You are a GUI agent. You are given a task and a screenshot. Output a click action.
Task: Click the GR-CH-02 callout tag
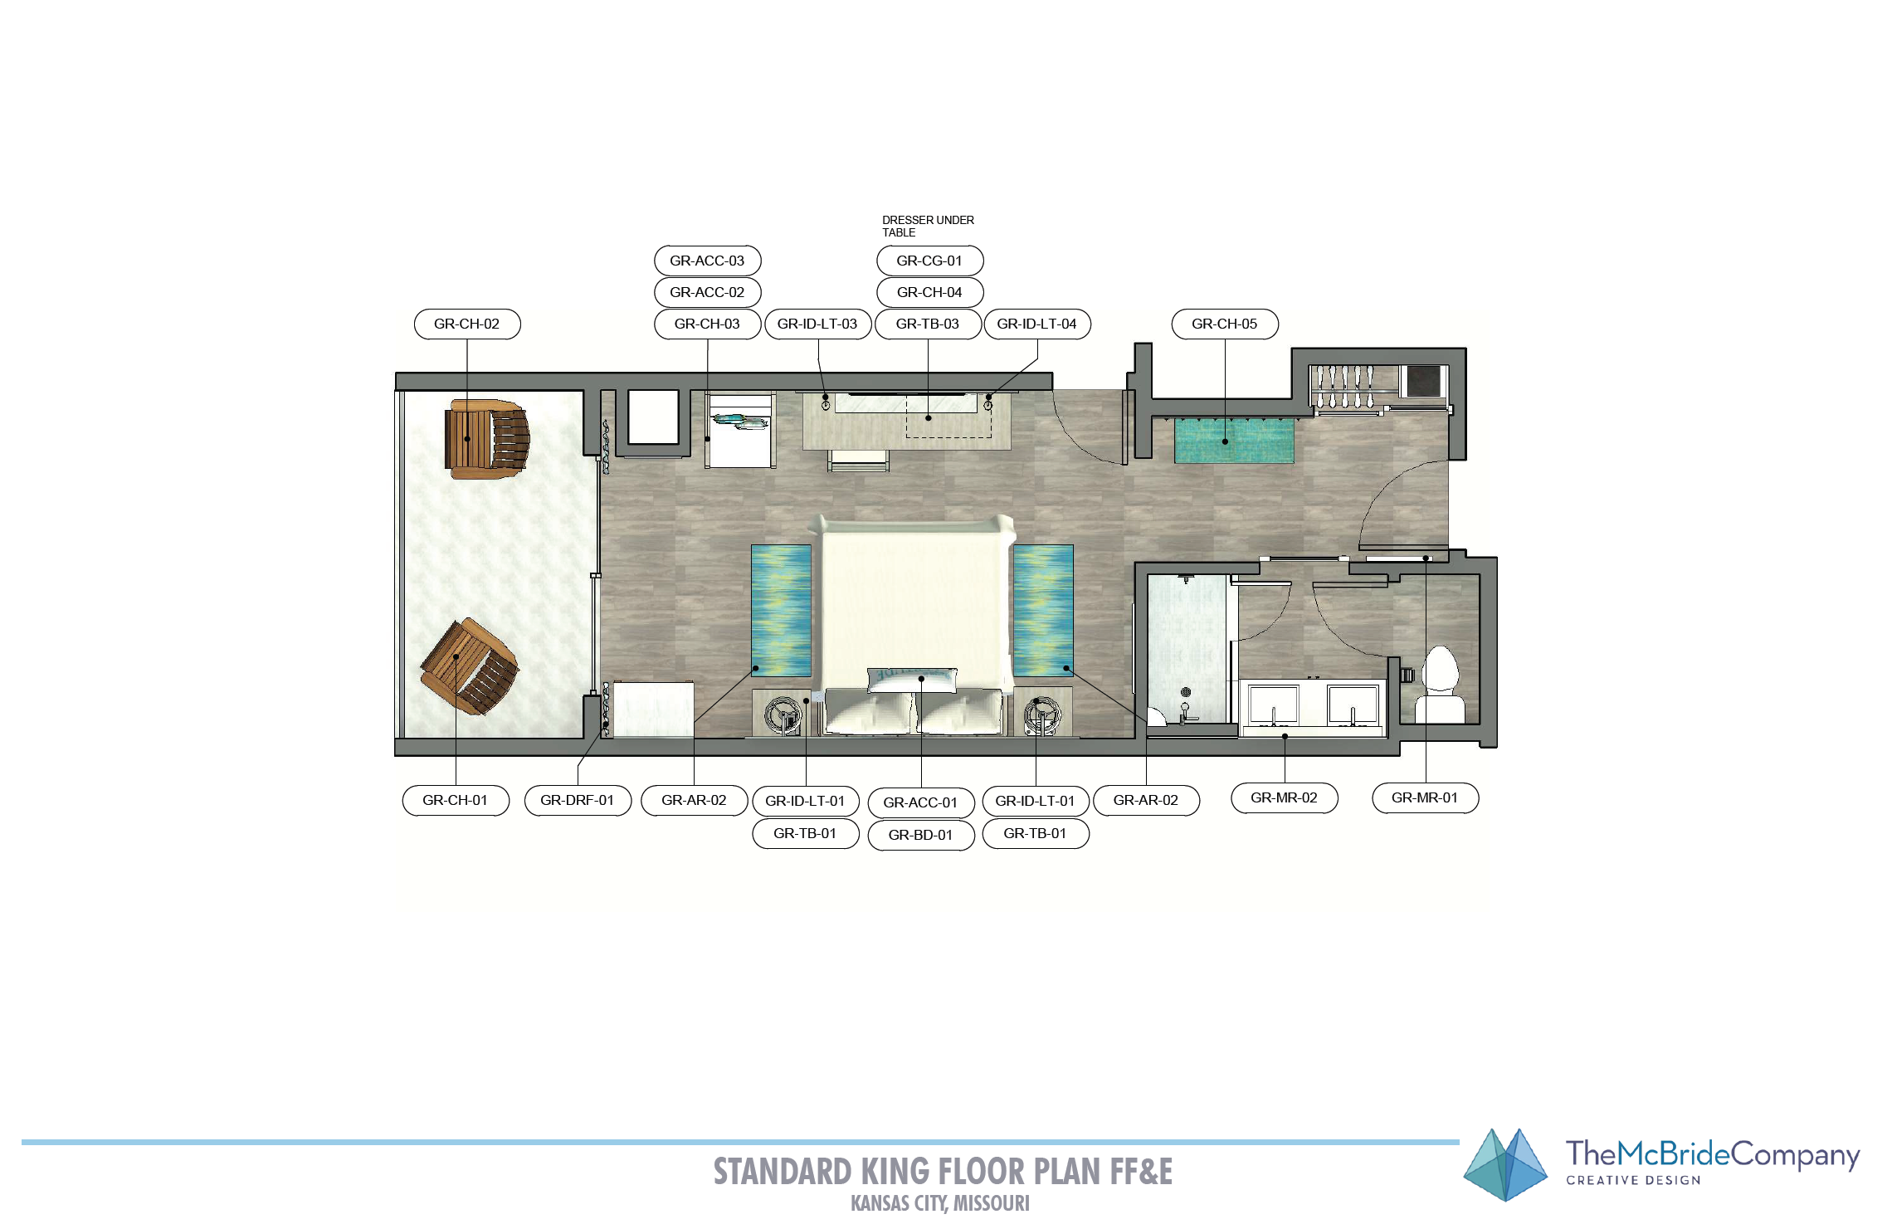467,324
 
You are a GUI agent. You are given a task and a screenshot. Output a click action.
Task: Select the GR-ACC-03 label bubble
707,261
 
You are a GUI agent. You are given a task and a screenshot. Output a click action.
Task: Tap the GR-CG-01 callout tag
929,261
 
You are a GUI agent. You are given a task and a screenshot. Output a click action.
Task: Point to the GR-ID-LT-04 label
1036,324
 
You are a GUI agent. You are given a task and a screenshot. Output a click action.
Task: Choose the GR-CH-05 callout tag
1225,324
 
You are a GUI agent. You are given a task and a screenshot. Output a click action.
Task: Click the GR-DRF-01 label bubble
578,800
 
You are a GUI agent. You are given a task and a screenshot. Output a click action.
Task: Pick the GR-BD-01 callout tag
921,835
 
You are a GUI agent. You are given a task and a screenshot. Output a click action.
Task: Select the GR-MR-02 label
1284,797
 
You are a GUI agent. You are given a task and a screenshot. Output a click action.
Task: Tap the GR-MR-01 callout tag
1425,797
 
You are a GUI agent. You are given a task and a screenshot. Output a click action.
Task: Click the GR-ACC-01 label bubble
921,802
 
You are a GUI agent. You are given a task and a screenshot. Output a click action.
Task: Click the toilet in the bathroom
1440,685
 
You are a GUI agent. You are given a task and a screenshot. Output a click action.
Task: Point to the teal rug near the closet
1234,440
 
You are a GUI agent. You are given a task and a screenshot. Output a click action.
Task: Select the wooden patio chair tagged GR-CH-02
487,439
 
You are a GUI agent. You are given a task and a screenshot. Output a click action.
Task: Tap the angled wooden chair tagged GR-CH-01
470,666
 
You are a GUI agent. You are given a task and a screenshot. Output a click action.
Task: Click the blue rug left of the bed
781,611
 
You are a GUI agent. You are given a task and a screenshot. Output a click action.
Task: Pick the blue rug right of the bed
1043,611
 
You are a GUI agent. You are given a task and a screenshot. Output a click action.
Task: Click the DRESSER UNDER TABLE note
928,226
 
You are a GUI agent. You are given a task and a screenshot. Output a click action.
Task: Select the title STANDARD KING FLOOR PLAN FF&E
943,1172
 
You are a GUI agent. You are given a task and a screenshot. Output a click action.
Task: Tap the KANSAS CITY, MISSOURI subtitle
940,1203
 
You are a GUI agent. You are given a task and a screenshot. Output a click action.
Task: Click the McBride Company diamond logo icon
1505,1165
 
